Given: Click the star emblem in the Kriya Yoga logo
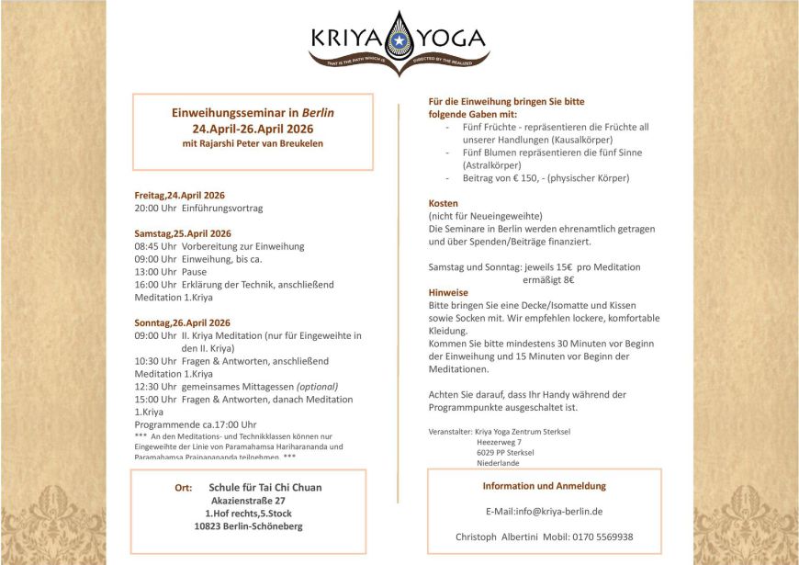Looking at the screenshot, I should [x=399, y=41].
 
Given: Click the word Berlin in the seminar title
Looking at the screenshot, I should [x=318, y=112].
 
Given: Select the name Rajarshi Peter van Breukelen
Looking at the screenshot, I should [x=266, y=143].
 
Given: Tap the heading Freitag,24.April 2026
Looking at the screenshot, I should [x=179, y=196].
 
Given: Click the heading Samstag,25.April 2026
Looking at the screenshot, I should [x=182, y=233].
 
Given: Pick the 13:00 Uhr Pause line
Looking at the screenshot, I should [x=170, y=272].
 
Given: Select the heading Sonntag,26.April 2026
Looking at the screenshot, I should [x=182, y=322].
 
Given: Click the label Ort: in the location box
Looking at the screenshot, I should [x=184, y=488].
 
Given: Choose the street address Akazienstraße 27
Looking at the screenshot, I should [x=248, y=501].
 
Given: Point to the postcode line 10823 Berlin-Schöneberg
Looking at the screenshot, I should [x=248, y=526].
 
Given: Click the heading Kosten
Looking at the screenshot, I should [x=444, y=203].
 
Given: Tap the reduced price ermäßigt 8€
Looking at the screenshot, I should [x=548, y=279].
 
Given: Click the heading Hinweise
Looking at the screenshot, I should [x=448, y=292].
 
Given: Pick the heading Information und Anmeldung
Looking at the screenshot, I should [x=544, y=486].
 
